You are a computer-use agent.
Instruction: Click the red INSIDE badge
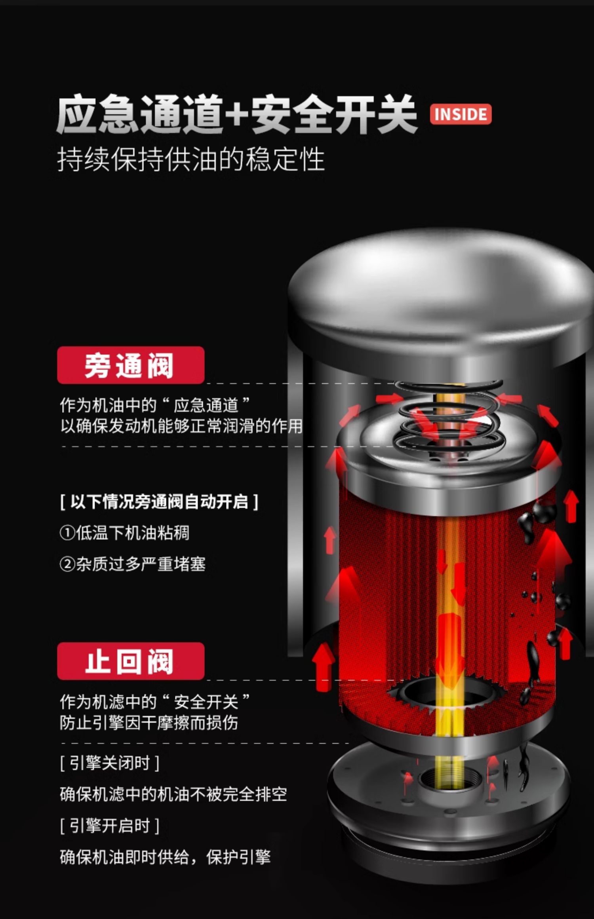click(461, 114)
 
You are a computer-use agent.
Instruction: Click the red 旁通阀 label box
click(131, 365)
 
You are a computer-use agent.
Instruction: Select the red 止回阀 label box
click(131, 661)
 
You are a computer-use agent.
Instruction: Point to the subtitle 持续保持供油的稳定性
click(191, 159)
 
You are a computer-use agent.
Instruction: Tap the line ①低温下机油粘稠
click(124, 533)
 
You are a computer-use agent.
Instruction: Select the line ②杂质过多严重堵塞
click(133, 564)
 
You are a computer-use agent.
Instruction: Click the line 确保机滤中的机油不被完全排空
click(173, 794)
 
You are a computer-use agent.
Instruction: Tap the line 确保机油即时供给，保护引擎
click(165, 857)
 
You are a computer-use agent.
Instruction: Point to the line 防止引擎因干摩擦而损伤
click(149, 722)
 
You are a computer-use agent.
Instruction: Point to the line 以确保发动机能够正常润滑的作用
click(181, 426)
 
